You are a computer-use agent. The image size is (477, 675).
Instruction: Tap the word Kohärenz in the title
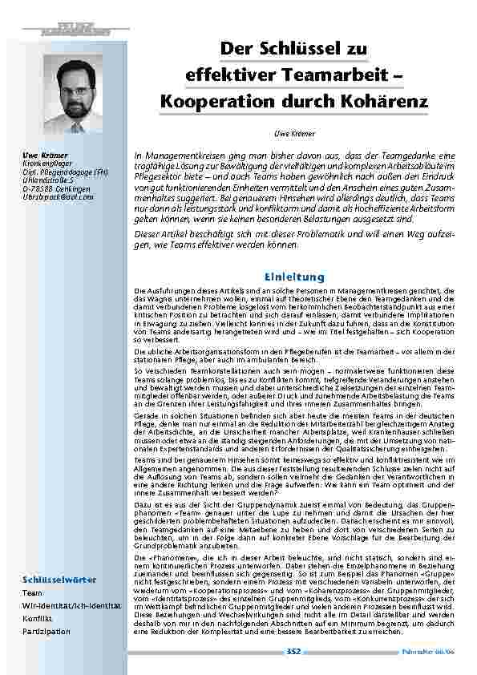pos(389,103)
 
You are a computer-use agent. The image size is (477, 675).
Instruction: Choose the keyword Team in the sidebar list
pos(33,594)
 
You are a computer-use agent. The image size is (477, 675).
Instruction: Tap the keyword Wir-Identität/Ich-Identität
pos(71,607)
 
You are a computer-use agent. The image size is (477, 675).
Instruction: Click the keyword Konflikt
pos(36,619)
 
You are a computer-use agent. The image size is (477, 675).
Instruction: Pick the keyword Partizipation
pos(46,632)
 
